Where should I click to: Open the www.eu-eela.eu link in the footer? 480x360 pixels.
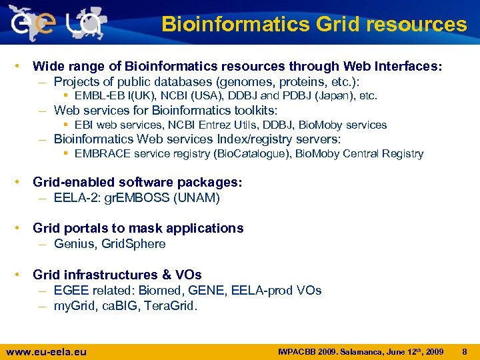click(x=46, y=352)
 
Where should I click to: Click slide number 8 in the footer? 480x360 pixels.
click(x=465, y=351)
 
